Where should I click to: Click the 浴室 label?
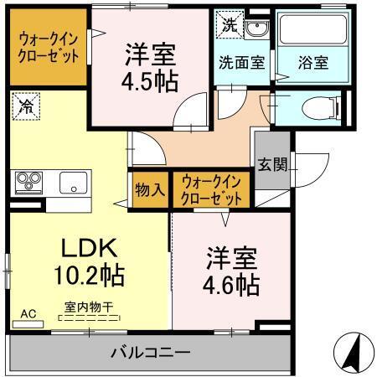311,62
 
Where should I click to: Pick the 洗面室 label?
242,62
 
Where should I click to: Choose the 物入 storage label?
149,190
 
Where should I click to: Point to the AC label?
28,313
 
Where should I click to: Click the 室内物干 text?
89,307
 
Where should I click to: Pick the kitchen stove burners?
30,180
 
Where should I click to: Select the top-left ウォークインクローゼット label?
49,48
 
